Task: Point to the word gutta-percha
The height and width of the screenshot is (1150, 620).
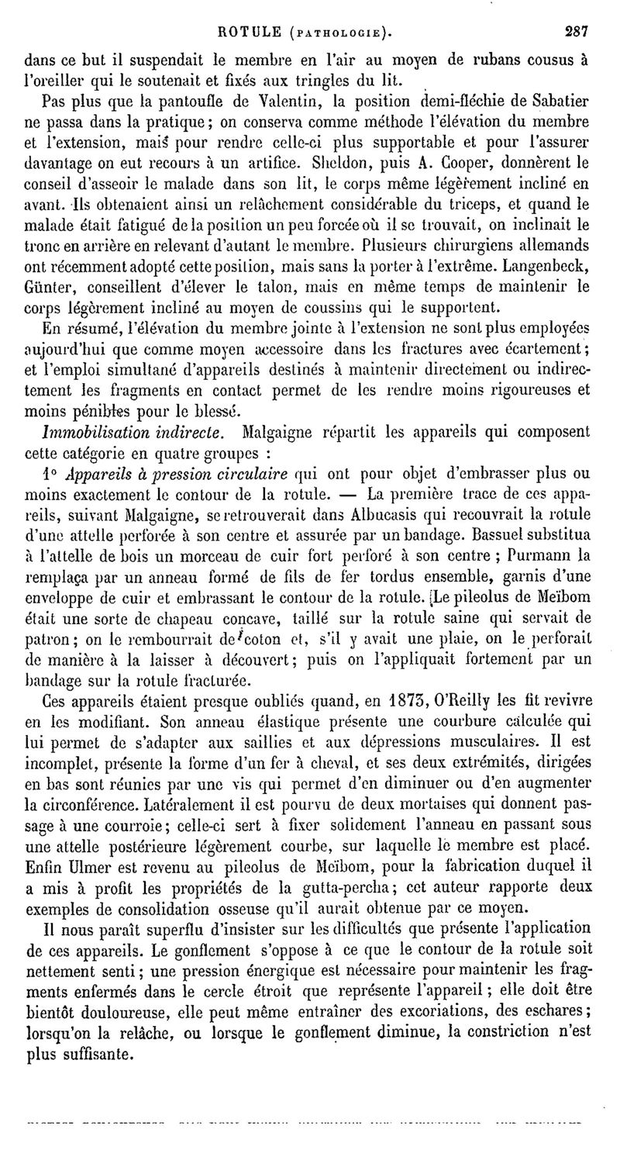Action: click(373, 906)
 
